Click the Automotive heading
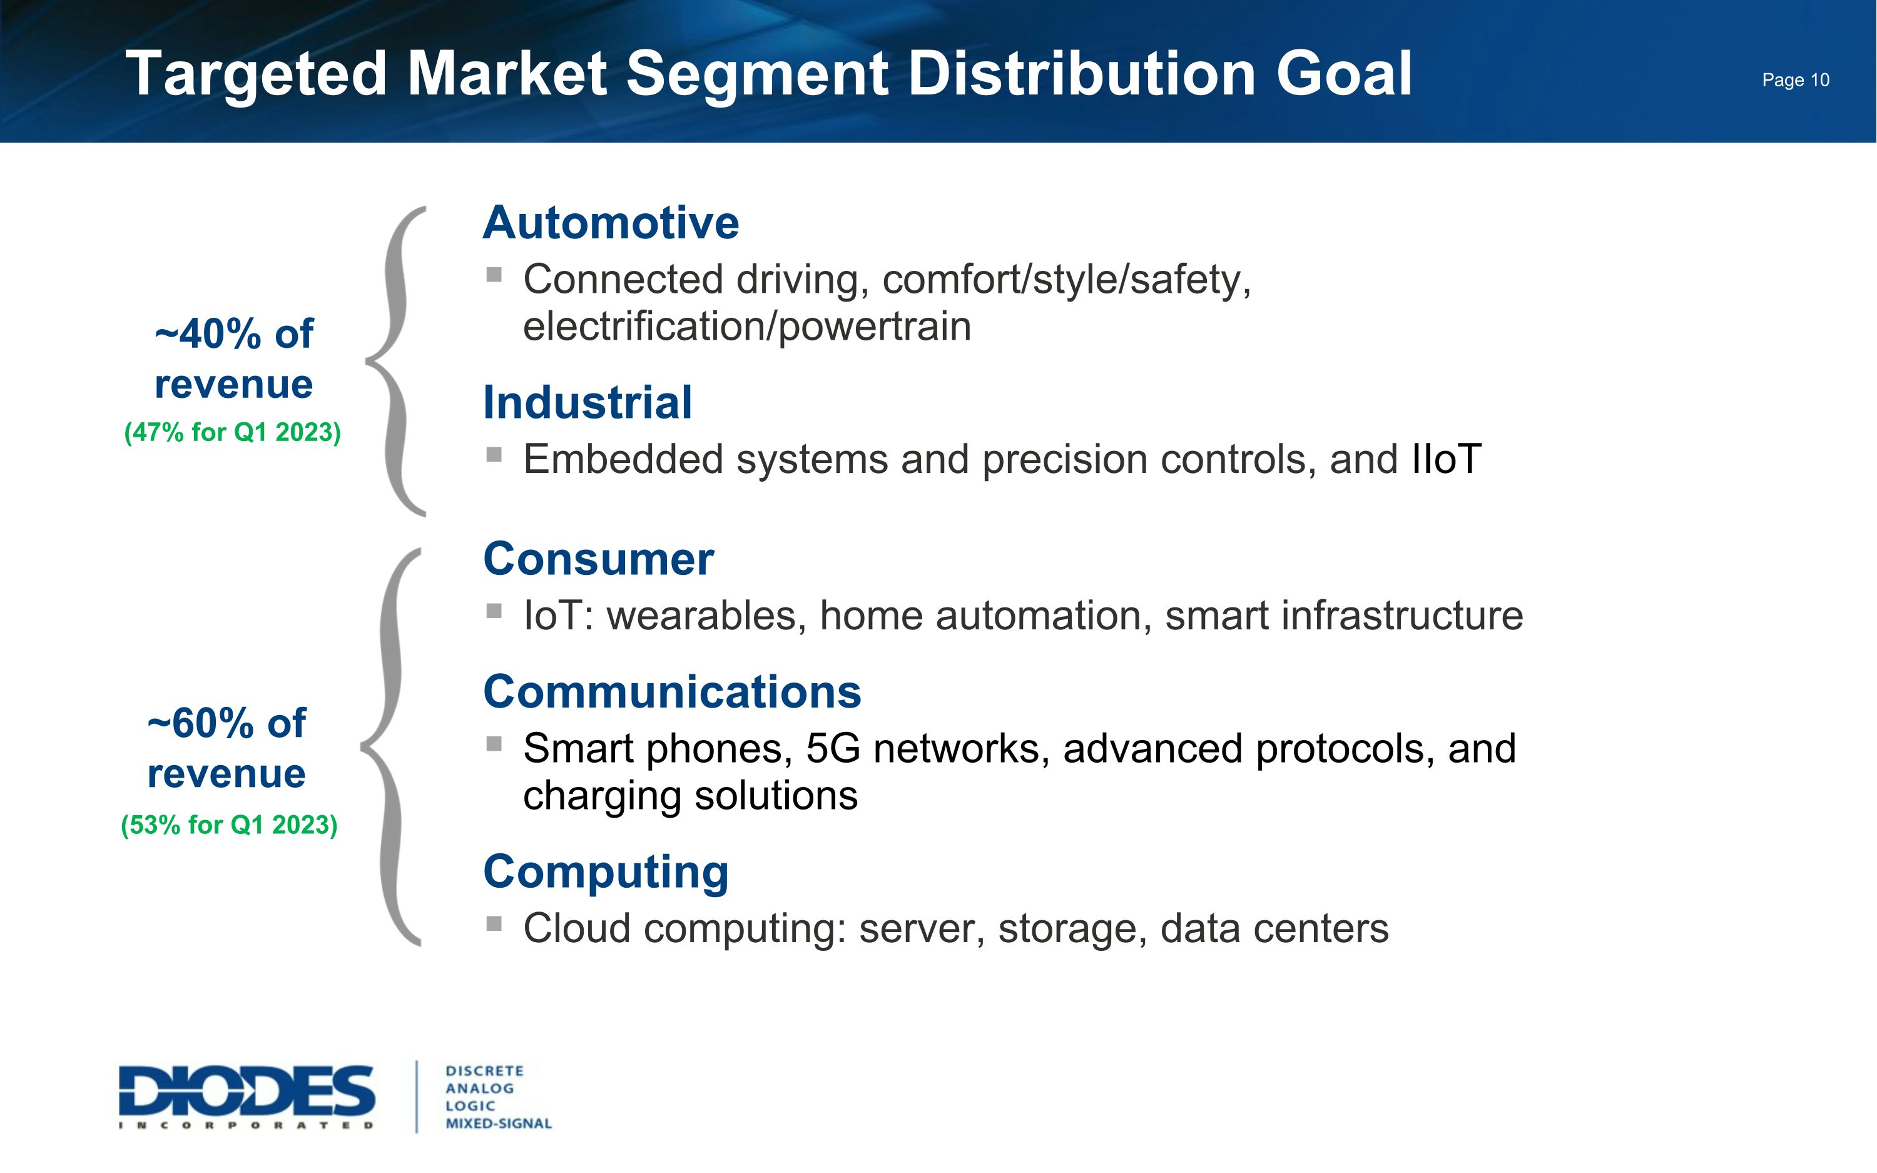tap(611, 223)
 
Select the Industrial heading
tap(587, 403)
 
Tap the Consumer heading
tap(598, 559)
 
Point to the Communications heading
tap(672, 692)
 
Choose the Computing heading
tap(606, 872)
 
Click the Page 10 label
tap(1795, 80)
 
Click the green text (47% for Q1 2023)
tap(232, 432)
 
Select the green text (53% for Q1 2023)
tap(229, 825)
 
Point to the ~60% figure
tap(200, 724)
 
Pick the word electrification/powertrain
tap(746, 327)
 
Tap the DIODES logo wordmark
tap(247, 1092)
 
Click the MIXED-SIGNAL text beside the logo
tap(498, 1124)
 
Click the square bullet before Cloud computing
tap(494, 923)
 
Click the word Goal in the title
tap(1343, 74)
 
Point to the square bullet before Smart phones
tap(494, 744)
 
